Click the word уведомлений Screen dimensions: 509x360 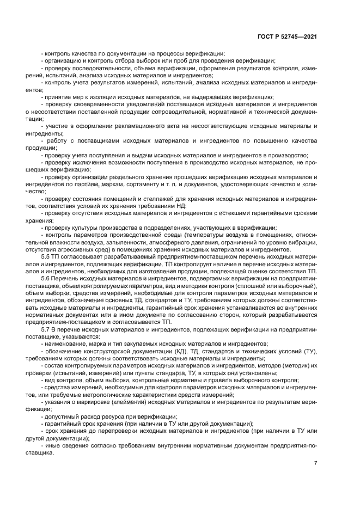(139, 103)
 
